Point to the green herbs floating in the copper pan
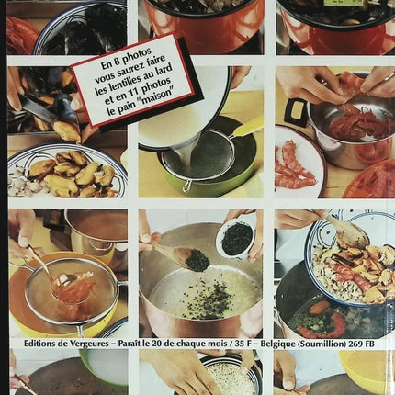click(197, 299)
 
